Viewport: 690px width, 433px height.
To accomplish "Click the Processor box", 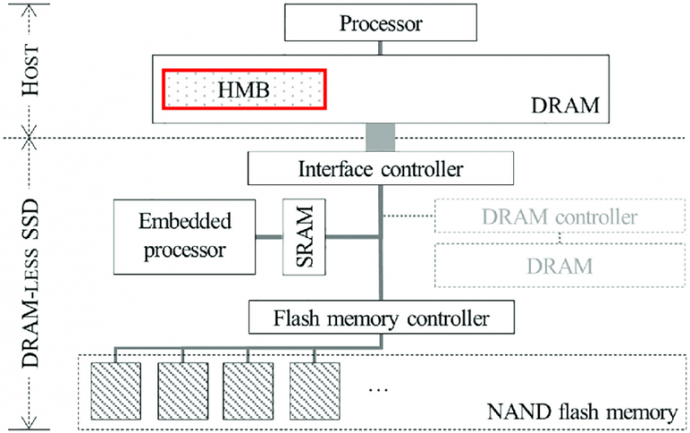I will (x=380, y=22).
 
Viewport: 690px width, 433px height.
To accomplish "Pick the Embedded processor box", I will (x=184, y=237).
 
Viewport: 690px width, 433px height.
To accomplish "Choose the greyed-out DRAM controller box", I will (x=559, y=217).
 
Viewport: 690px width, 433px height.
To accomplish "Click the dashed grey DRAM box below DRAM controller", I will (x=559, y=265).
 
